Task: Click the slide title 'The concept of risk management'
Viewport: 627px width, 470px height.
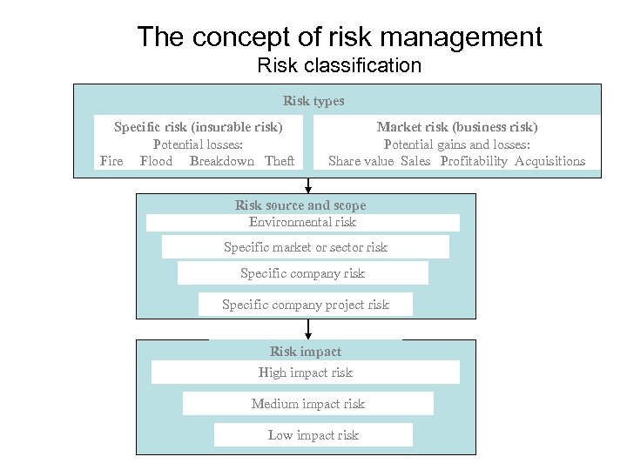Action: [x=339, y=37]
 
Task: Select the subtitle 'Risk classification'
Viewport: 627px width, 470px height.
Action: [x=339, y=65]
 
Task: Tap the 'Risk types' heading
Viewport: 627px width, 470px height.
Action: [x=313, y=101]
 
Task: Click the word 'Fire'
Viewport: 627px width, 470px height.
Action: [x=111, y=161]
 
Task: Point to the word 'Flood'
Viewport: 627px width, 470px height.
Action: [x=156, y=161]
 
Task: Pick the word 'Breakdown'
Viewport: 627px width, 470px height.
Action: [x=221, y=161]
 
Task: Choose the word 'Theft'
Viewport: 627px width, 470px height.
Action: [x=280, y=161]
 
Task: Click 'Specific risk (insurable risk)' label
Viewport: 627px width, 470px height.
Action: [x=199, y=127]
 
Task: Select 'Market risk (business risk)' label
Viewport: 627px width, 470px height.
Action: [x=457, y=127]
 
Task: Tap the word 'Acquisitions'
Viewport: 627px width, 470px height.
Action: [x=549, y=161]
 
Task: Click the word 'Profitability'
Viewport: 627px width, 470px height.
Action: [x=474, y=161]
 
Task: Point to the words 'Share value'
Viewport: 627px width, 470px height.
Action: [x=361, y=161]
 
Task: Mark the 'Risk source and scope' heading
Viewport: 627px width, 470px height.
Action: [x=300, y=205]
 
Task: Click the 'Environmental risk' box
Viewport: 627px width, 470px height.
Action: [x=302, y=222]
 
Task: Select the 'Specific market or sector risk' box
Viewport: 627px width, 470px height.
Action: [x=305, y=247]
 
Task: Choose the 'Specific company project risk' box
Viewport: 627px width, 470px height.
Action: [x=305, y=305]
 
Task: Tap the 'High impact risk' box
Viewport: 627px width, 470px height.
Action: [x=305, y=373]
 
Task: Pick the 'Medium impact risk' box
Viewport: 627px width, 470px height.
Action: [x=307, y=404]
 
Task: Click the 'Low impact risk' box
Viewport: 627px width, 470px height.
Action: [x=313, y=435]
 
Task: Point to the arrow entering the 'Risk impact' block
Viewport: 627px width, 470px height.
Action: [x=307, y=331]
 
